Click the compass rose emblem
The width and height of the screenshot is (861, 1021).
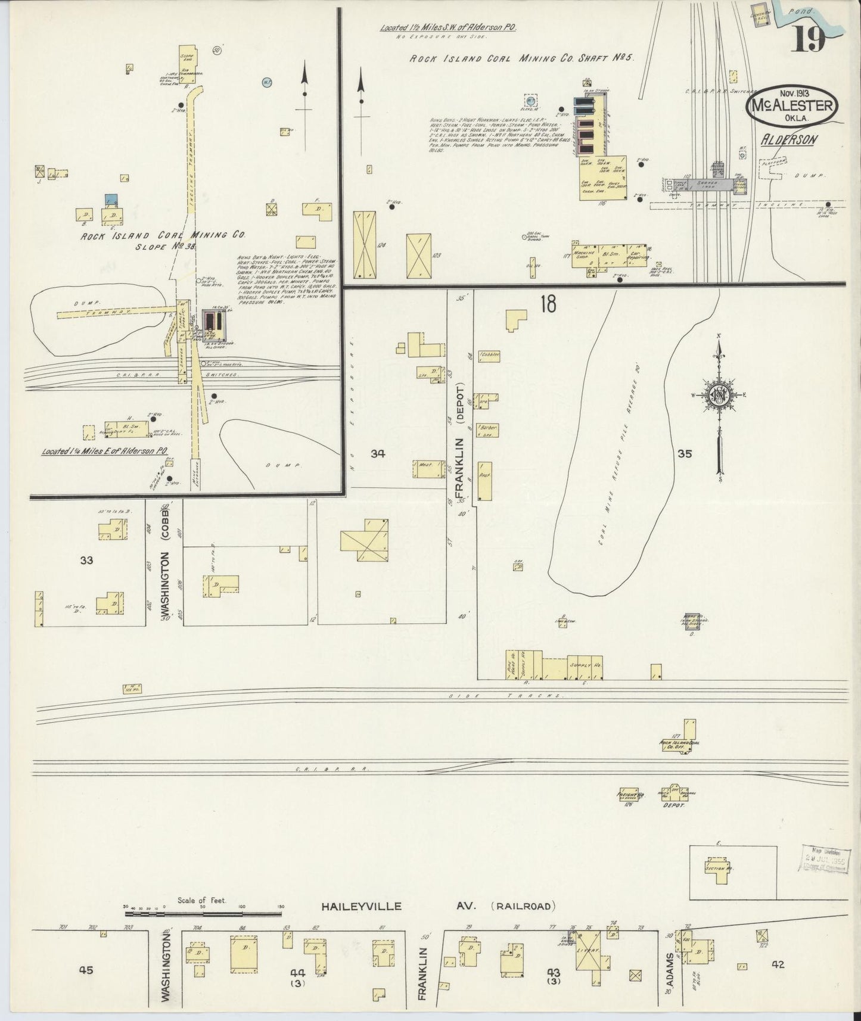pyautogui.click(x=720, y=394)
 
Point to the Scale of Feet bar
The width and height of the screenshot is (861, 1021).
pyautogui.click(x=203, y=912)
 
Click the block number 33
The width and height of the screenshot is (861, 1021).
pyautogui.click(x=87, y=560)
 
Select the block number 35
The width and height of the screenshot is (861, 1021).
pyautogui.click(x=684, y=454)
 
